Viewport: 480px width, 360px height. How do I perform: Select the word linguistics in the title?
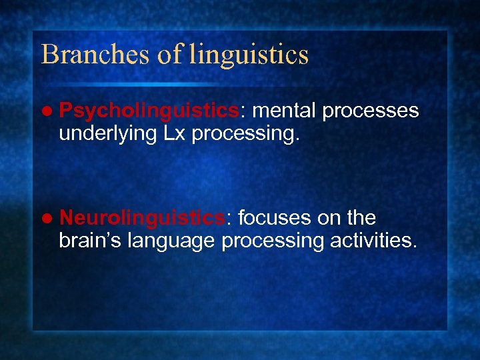coord(249,55)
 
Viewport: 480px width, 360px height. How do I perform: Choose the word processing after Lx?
coord(246,133)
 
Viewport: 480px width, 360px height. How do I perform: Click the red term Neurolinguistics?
coord(141,218)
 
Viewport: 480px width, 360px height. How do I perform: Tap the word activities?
coord(373,240)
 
